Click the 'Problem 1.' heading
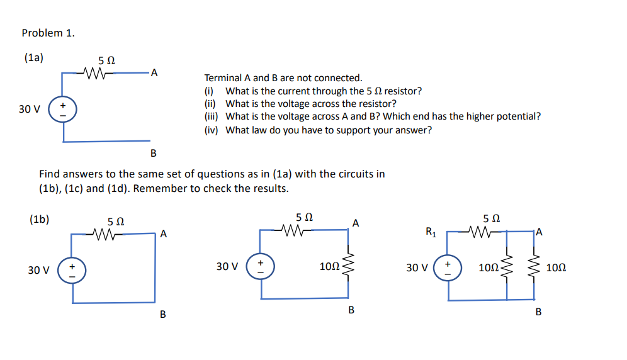(x=48, y=33)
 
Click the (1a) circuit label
(x=34, y=58)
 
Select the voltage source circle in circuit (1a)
(x=63, y=108)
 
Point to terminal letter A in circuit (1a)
(x=154, y=74)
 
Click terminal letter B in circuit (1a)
(x=153, y=154)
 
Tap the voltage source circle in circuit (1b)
(x=72, y=271)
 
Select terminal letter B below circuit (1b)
(x=163, y=314)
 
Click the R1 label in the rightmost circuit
(x=431, y=232)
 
